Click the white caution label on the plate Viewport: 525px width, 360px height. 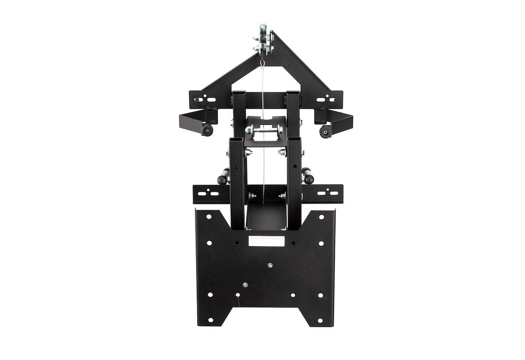coord(266,240)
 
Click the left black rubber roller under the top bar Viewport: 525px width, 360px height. coord(208,130)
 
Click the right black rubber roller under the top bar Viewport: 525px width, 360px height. coord(325,131)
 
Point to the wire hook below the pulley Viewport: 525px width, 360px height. coord(262,64)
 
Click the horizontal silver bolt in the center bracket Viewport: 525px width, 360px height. coord(264,130)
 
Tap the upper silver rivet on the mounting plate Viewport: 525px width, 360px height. coord(270,265)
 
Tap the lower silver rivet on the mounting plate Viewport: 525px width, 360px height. coord(245,285)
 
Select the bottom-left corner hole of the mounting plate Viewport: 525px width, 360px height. coord(210,320)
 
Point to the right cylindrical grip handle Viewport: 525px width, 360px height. coord(308,176)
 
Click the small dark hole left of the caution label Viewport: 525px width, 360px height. coord(238,240)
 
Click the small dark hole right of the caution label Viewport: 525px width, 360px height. coord(293,240)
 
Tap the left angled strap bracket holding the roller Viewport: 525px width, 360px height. coord(192,122)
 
